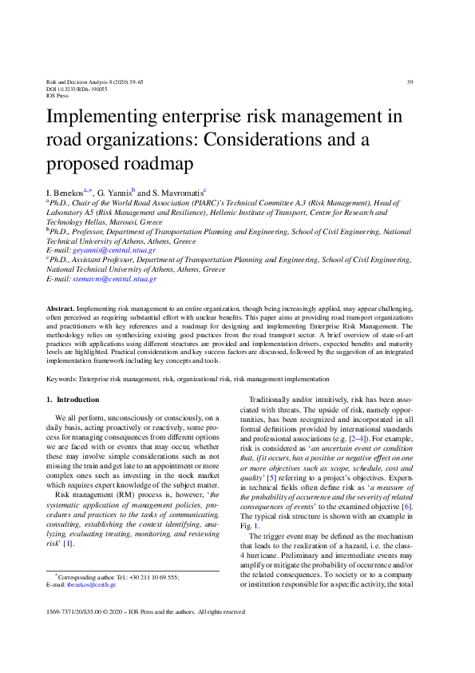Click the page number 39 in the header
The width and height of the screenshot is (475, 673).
(x=410, y=82)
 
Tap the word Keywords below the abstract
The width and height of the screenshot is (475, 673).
(x=62, y=378)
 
